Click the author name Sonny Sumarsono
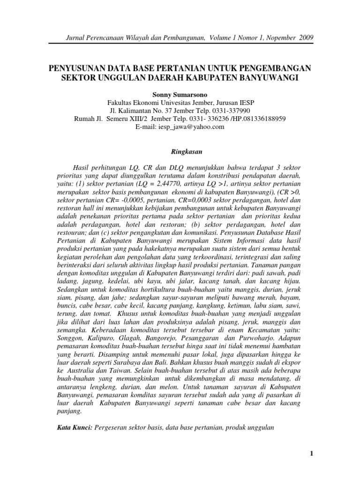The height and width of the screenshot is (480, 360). (x=180, y=95)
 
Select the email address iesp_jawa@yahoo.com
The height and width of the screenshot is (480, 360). (x=180, y=127)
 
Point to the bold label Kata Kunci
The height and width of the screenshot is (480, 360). (x=74, y=427)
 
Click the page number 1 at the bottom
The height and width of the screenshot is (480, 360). (x=311, y=454)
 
